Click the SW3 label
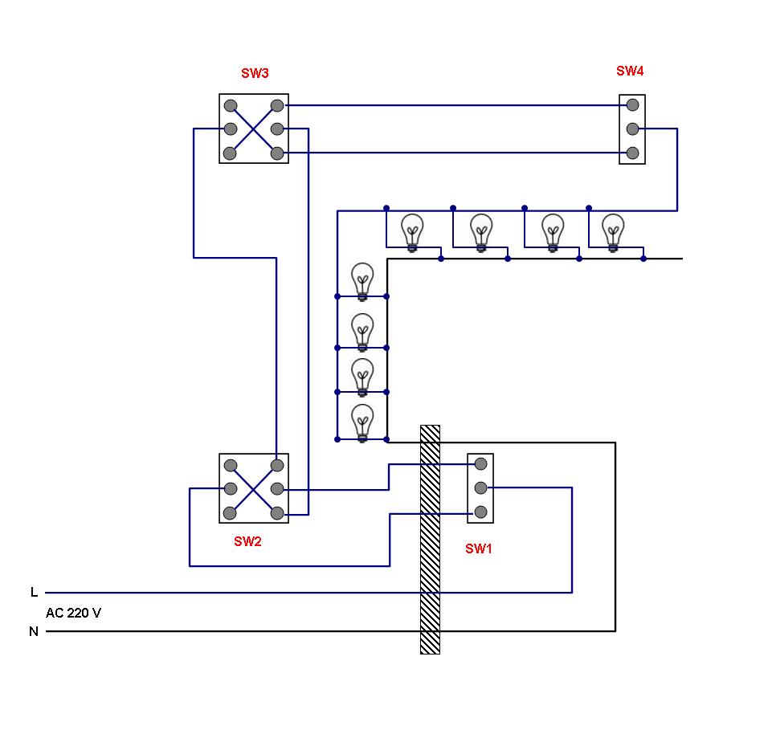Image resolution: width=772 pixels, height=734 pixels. click(255, 73)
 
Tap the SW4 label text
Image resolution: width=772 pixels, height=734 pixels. click(630, 71)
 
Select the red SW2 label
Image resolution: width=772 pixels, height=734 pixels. click(247, 541)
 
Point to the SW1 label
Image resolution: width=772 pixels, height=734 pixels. click(479, 548)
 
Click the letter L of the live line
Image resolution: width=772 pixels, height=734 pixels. click(34, 592)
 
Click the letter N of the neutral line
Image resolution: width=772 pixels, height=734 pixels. click(34, 631)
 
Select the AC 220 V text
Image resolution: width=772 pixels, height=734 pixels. click(73, 613)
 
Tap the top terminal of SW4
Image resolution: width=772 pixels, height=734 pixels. click(633, 105)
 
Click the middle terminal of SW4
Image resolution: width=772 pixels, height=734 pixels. click(633, 129)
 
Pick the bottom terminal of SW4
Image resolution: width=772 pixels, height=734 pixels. click(633, 153)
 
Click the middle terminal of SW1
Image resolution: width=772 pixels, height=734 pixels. click(480, 487)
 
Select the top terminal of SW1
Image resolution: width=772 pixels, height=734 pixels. click(480, 463)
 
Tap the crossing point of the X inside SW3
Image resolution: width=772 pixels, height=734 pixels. click(254, 129)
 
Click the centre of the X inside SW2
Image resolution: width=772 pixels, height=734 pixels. click(254, 489)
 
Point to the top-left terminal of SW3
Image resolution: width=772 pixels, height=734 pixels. click(231, 106)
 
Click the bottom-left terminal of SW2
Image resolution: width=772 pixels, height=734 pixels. click(230, 513)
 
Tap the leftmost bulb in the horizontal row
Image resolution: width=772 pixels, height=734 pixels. click(412, 233)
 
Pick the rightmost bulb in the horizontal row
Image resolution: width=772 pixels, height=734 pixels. click(613, 233)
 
